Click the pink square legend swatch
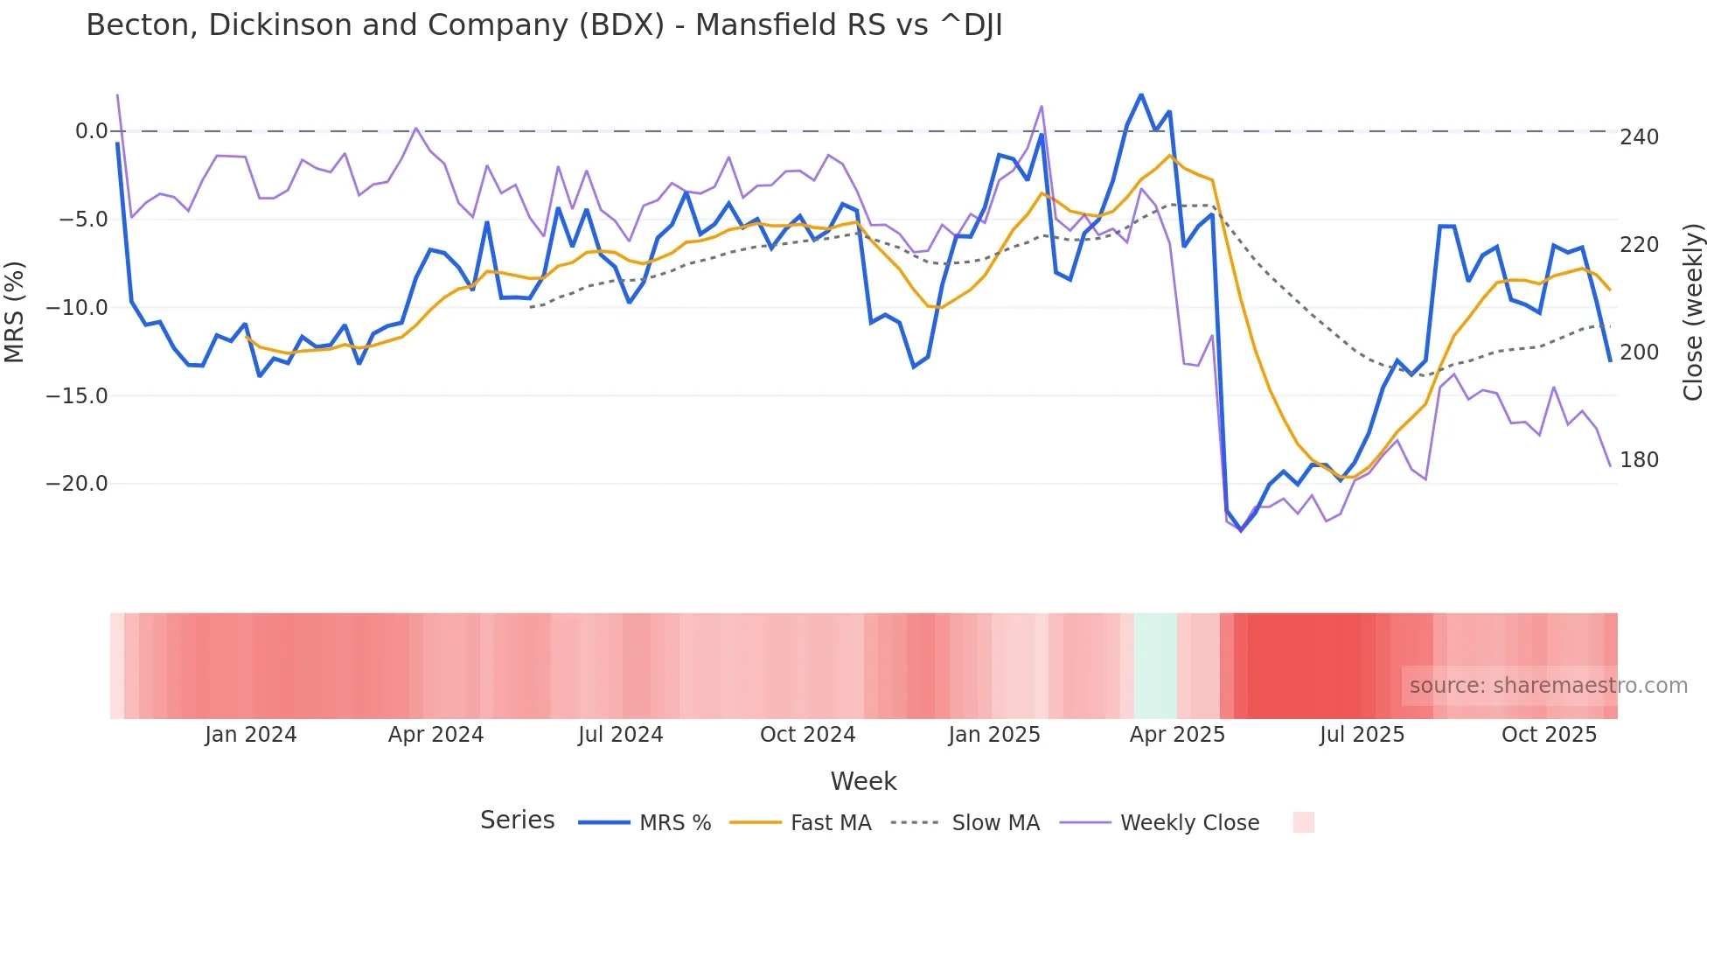pyautogui.click(x=1303, y=822)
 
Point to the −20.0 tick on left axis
pyautogui.click(x=77, y=484)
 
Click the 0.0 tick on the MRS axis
pyautogui.click(x=91, y=131)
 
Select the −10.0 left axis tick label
pyautogui.click(x=77, y=308)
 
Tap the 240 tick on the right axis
pyautogui.click(x=1639, y=137)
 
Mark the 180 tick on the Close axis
pyautogui.click(x=1639, y=460)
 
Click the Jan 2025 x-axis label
pyautogui.click(x=994, y=735)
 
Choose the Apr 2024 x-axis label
pyautogui.click(x=435, y=735)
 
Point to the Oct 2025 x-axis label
pyautogui.click(x=1549, y=735)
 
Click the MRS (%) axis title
pyautogui.click(x=15, y=312)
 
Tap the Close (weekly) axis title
pyautogui.click(x=1694, y=312)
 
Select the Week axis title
pyautogui.click(x=863, y=781)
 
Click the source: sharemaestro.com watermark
pyautogui.click(x=1548, y=686)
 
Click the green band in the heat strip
pyautogui.click(x=1155, y=666)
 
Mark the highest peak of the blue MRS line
pyautogui.click(x=1141, y=94)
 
